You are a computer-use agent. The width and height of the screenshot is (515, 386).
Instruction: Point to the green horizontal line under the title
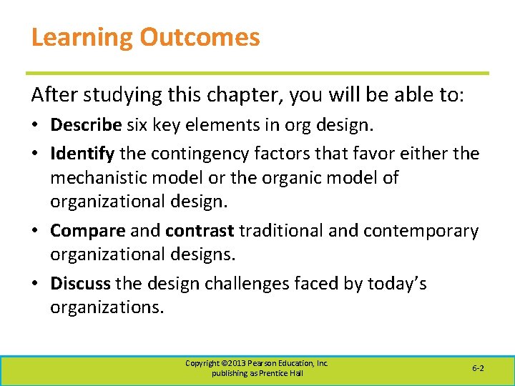click(257, 73)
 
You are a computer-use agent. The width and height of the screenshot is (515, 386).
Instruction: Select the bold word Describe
click(86, 125)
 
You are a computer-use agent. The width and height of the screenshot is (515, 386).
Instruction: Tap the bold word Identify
click(82, 153)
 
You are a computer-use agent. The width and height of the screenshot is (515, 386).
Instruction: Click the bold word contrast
click(200, 231)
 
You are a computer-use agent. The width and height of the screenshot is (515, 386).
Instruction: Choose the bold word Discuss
click(80, 284)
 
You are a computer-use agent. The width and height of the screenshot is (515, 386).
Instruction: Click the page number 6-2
click(478, 367)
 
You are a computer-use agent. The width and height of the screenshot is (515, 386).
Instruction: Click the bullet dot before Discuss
click(36, 284)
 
